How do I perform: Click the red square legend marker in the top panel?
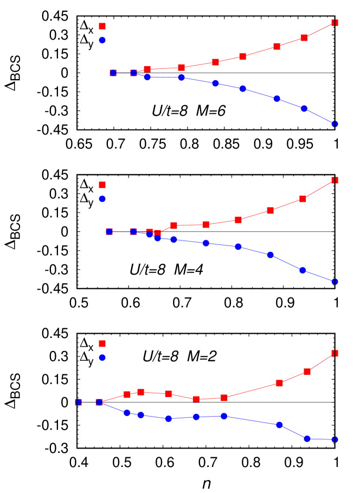pos(102,26)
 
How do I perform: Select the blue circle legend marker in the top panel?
pos(102,40)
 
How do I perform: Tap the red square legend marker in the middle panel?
pos(102,185)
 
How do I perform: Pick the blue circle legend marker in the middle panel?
pos(102,199)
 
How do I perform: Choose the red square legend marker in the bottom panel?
pos(102,343)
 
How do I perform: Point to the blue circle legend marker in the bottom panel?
pos(102,358)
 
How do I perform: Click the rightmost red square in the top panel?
pos(335,23)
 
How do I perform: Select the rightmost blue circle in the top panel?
pos(335,124)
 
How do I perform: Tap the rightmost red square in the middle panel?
pos(335,180)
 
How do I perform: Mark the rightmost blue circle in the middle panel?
pos(335,281)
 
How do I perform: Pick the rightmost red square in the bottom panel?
pos(335,353)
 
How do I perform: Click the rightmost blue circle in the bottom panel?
pos(335,439)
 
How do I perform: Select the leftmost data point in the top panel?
pos(113,73)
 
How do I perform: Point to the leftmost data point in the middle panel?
pos(109,231)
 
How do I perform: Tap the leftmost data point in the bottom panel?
pos(78,402)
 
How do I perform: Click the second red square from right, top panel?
pos(304,37)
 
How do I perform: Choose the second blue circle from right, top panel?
pos(304,108)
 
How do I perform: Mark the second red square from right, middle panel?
pos(303,199)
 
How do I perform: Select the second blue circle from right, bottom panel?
pos(307,438)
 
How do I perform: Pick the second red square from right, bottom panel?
pos(307,371)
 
